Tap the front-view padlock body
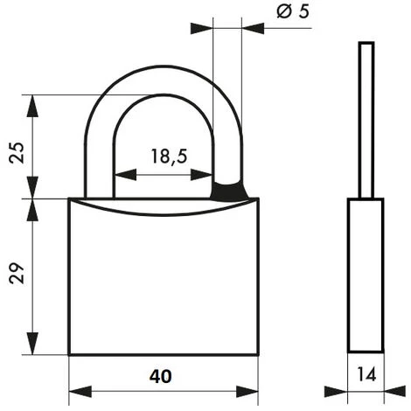[164, 280]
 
